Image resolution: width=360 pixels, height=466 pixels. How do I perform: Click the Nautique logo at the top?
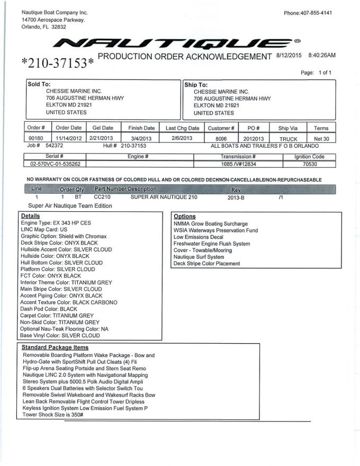181,43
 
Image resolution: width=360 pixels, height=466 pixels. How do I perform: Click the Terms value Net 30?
321,138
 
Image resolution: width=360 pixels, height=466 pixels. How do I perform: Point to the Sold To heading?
39,84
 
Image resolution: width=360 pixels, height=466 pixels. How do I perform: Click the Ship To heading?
196,84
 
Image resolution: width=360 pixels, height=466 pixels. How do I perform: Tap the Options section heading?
185,216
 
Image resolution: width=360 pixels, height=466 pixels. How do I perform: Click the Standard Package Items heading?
55,347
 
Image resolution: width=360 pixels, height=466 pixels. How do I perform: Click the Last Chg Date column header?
182,128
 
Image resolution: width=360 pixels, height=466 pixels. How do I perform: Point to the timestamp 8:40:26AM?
321,55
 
